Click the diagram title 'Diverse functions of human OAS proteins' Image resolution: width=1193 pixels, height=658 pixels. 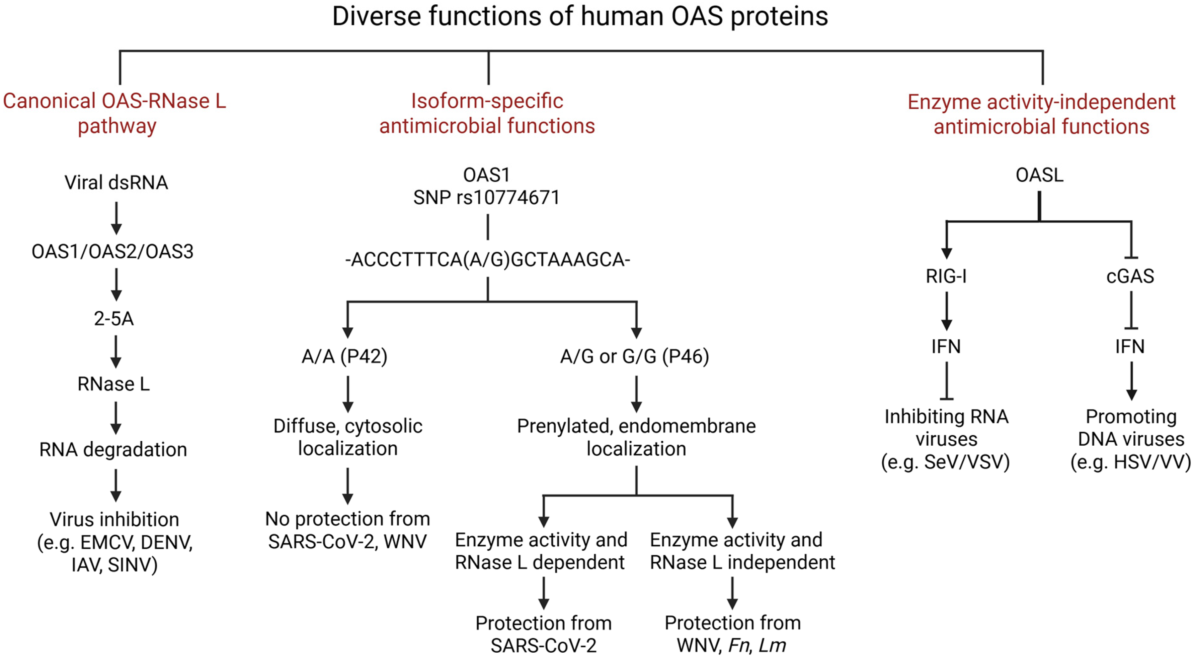(580, 17)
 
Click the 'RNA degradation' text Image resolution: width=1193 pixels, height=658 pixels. (113, 449)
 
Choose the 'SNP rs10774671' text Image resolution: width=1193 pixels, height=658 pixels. (486, 198)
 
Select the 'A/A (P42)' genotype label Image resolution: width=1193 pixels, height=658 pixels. (344, 356)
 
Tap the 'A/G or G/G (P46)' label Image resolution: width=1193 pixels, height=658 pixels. (634, 356)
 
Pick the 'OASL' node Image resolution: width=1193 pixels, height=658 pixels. (1039, 175)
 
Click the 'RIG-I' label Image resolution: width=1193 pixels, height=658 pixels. (946, 276)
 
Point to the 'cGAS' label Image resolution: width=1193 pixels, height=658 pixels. (1130, 276)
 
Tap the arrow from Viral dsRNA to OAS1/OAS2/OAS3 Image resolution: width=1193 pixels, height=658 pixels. (116, 217)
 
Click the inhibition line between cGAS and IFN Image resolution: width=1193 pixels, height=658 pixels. (1131, 310)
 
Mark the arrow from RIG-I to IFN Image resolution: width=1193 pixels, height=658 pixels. (947, 311)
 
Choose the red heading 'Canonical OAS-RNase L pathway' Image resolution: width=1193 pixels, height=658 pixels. (115, 113)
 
